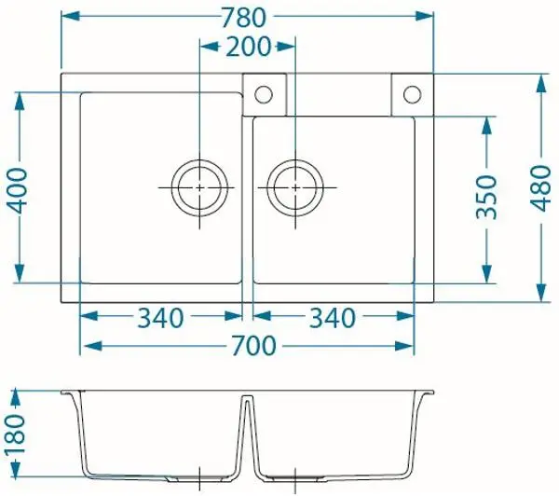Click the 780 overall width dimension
244,19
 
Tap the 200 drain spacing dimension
249,47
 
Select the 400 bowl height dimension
17,190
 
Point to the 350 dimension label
486,197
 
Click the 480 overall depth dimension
540,188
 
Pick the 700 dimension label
253,345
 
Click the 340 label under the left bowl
161,318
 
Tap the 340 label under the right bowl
333,318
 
